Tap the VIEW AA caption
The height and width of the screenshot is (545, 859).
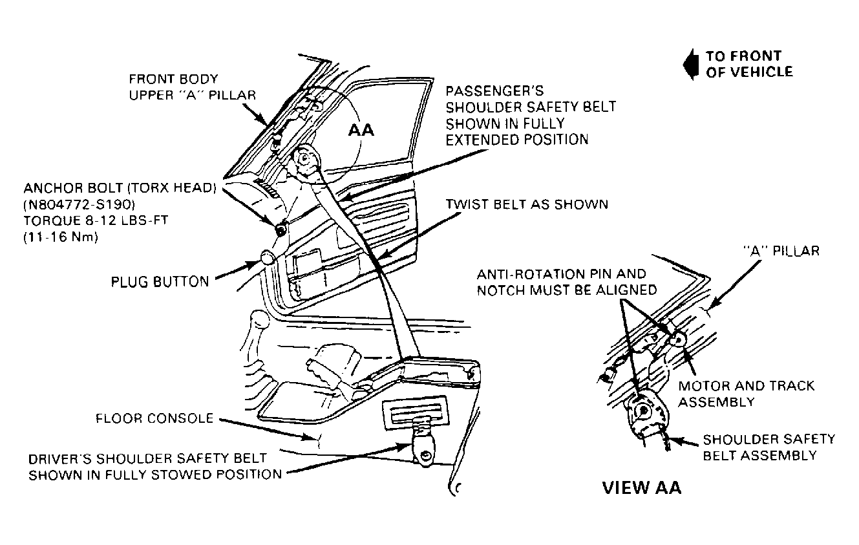click(642, 488)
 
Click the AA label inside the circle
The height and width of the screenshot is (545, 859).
click(361, 131)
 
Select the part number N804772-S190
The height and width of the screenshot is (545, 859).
click(80, 204)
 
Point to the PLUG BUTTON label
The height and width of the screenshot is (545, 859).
click(160, 282)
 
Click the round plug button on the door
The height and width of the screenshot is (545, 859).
click(267, 257)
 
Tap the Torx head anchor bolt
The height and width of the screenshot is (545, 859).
click(281, 230)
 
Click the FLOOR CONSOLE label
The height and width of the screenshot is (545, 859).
click(154, 418)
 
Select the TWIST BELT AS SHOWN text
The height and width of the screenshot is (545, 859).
click(527, 204)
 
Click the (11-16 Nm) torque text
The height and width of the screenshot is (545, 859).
click(61, 237)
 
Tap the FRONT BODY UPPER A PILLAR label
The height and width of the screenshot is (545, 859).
click(192, 87)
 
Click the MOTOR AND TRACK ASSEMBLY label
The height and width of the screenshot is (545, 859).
click(747, 394)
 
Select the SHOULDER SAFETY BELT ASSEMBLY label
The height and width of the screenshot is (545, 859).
click(769, 447)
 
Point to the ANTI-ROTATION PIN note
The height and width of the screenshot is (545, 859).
click(567, 283)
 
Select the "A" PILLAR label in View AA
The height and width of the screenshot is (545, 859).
click(781, 251)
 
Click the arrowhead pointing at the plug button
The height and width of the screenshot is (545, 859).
click(255, 264)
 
